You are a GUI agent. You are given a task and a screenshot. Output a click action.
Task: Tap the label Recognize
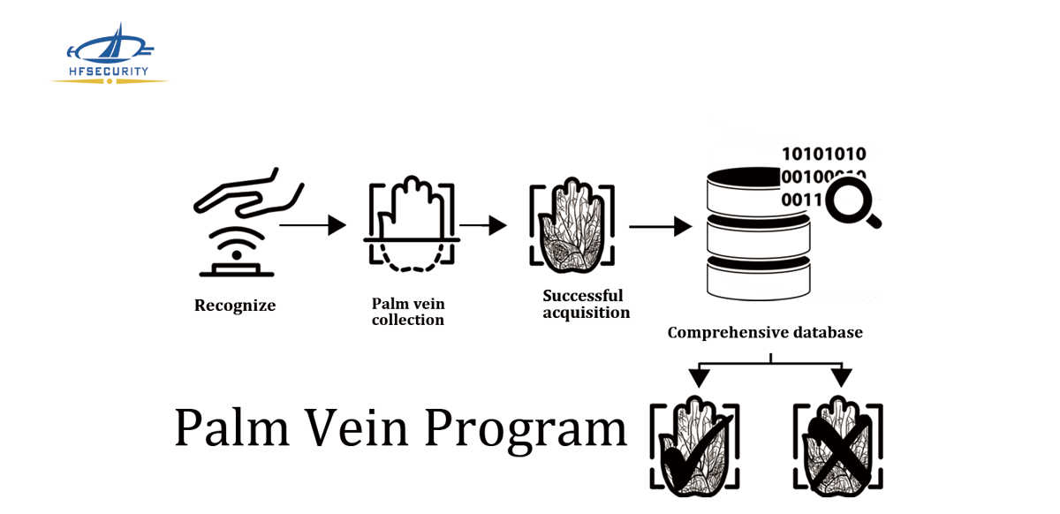235,306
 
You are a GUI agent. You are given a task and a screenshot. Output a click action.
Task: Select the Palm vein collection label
408,312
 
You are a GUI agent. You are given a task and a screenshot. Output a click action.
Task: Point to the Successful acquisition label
586,304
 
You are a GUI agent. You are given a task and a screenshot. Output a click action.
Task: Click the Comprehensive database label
765,333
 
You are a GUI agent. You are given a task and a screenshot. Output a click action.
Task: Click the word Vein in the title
358,427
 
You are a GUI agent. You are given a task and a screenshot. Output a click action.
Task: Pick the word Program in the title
525,429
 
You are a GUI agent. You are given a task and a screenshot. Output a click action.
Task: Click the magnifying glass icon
853,200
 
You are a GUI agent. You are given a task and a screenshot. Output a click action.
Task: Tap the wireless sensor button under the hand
236,252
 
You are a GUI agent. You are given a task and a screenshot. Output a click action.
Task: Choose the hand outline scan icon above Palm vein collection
411,225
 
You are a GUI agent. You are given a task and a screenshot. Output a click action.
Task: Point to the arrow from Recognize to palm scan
313,225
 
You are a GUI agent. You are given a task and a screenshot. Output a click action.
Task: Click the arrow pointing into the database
660,226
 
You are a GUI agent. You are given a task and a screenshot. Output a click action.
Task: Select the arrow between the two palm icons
483,225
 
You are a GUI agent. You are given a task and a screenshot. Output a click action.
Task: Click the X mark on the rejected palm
836,449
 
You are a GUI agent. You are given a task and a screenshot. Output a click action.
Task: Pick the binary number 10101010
824,155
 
